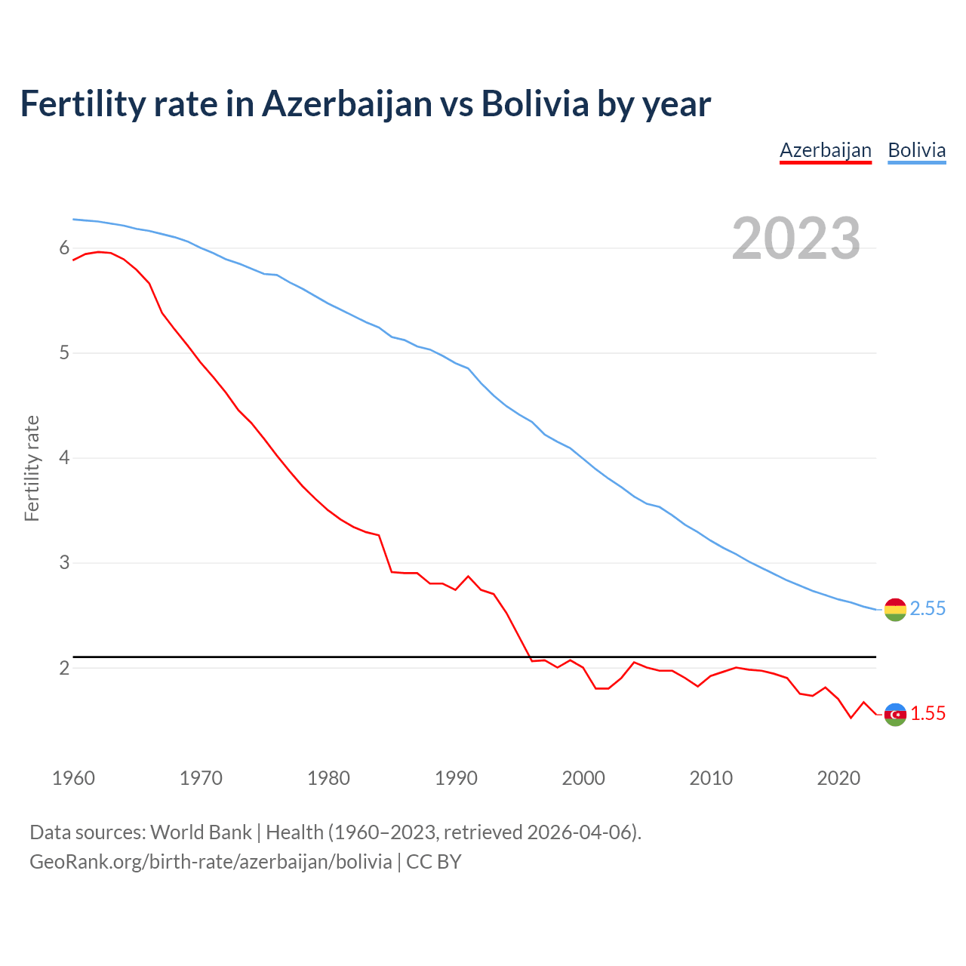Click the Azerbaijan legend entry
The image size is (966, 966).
(x=825, y=150)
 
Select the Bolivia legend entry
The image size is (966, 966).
(x=916, y=150)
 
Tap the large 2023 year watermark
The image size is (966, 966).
(x=795, y=238)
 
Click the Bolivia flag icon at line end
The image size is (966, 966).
(x=894, y=609)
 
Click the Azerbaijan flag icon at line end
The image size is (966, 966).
(x=894, y=714)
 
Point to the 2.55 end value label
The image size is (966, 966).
(x=928, y=609)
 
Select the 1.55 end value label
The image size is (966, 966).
(x=928, y=714)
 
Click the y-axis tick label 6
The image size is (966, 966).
(x=64, y=248)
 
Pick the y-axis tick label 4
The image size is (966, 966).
(x=64, y=458)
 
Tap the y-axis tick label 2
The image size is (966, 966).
(x=64, y=668)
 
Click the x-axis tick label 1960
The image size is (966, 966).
(x=73, y=778)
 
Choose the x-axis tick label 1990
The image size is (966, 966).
(x=456, y=778)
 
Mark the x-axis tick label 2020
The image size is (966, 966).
(x=838, y=778)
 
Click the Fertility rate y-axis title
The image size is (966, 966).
(x=32, y=468)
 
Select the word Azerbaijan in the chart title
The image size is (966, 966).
(x=346, y=103)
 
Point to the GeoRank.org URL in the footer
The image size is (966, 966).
(x=211, y=862)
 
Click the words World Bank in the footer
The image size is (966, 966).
(x=201, y=832)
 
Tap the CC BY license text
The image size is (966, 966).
(x=433, y=862)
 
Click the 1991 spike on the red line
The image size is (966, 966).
(x=468, y=576)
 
